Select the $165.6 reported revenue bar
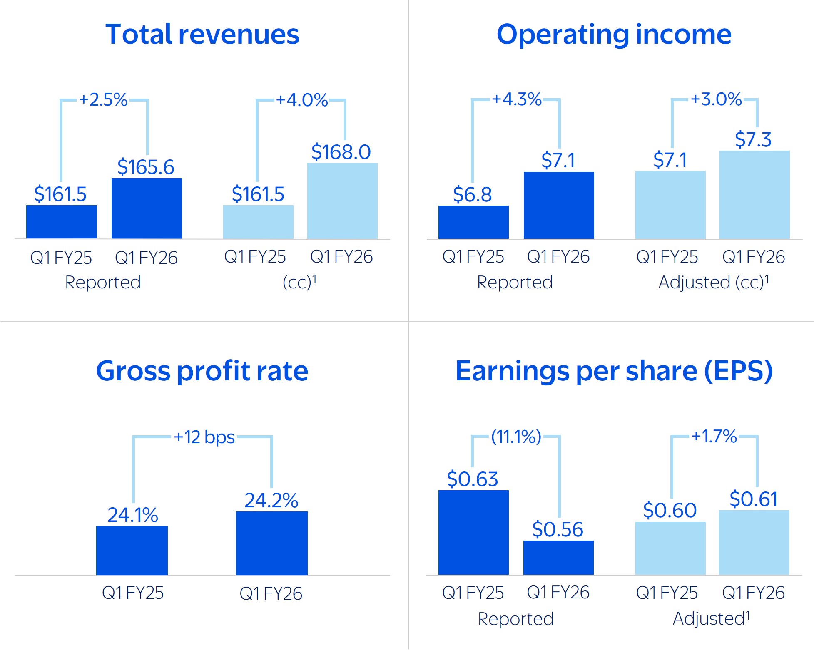click(147, 208)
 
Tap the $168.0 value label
click(341, 152)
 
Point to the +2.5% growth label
click(103, 100)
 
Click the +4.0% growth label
click(302, 100)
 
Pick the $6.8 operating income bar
click(473, 222)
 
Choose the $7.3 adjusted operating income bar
click(754, 195)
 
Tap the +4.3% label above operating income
click(517, 99)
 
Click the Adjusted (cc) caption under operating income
click(713, 282)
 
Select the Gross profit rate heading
click(202, 371)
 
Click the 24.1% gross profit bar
click(132, 550)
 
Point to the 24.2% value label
click(271, 500)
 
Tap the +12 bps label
click(204, 437)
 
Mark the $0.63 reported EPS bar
click(473, 532)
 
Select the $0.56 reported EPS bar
click(558, 557)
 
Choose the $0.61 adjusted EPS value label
click(753, 499)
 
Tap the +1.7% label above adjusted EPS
click(714, 437)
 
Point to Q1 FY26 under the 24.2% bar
click(271, 593)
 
